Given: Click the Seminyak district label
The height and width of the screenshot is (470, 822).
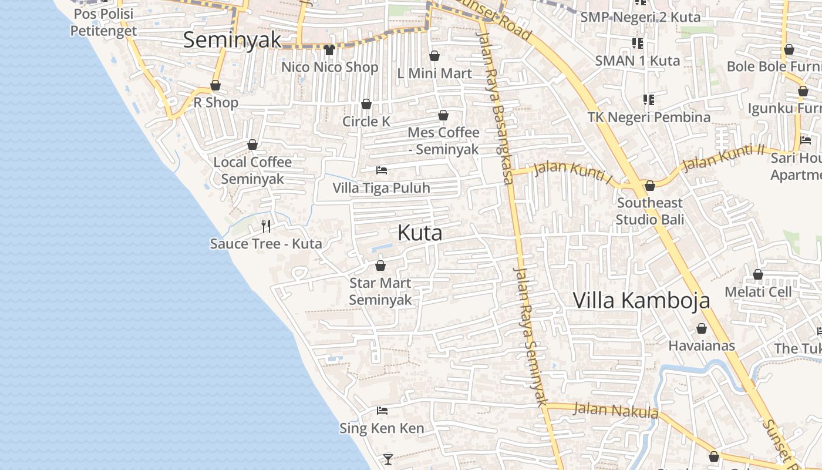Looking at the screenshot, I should tap(233, 40).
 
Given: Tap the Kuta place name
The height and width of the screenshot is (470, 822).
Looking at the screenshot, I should tap(420, 233).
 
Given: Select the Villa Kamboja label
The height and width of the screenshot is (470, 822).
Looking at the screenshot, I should tap(641, 300).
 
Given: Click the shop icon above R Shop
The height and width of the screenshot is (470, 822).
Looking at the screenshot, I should tap(215, 86).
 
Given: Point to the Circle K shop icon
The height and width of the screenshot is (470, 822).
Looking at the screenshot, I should tap(366, 105).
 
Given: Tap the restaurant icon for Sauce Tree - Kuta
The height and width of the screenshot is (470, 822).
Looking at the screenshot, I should tap(266, 226).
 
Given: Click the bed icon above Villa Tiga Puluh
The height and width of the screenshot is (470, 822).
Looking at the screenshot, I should tap(382, 170).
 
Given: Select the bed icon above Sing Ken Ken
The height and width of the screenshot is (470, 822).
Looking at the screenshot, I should tap(382, 410).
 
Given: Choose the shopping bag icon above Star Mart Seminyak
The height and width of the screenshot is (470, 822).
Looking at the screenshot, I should tap(380, 266).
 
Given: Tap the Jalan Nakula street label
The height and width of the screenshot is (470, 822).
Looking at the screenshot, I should tap(616, 409).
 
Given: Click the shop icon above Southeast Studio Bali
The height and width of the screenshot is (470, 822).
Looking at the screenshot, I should tap(650, 186).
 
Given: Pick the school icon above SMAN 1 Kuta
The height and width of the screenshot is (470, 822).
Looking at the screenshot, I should tap(638, 43).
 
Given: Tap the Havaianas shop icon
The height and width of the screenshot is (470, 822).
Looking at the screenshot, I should tap(702, 329).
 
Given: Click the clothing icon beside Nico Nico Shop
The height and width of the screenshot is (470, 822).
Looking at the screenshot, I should tap(329, 50).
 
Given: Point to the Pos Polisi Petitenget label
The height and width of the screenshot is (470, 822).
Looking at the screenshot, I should tap(103, 22).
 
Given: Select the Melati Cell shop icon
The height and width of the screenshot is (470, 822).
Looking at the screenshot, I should tap(758, 274).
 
